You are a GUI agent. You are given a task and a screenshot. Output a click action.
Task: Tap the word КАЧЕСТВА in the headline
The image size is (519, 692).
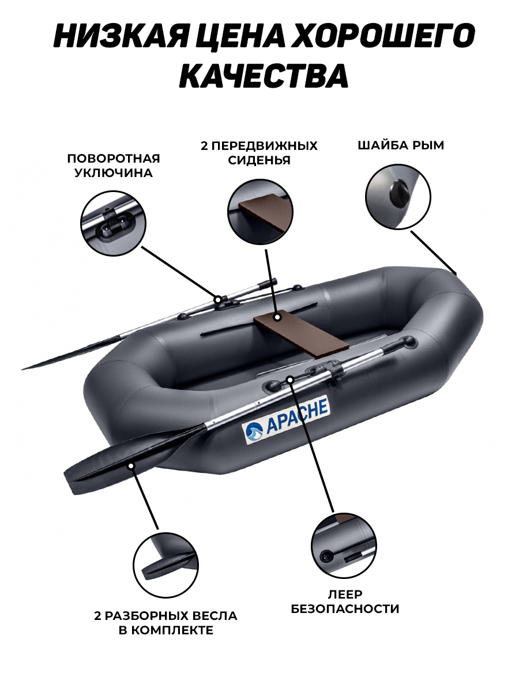point(264,75)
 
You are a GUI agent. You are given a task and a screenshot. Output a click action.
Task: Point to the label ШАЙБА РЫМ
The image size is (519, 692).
point(401,145)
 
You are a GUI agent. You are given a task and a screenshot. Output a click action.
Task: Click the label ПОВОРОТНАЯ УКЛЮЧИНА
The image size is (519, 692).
point(114,166)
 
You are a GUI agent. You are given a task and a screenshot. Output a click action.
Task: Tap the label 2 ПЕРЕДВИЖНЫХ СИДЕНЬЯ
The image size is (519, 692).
point(259,153)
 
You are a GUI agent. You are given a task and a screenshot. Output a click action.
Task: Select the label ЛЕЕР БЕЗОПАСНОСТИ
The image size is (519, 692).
point(345,601)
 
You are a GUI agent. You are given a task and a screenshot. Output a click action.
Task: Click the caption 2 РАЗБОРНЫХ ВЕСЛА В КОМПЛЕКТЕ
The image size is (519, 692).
point(166,623)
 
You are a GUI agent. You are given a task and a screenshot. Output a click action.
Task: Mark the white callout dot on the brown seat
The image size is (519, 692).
point(277,317)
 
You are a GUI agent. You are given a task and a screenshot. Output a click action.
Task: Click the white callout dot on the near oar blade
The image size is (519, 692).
point(131,465)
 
